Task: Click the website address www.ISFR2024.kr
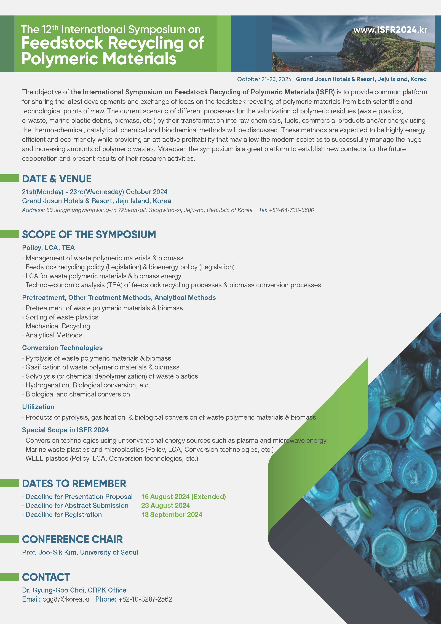tap(390, 30)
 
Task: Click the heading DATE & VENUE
tap(57, 179)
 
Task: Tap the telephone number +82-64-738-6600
tap(291, 210)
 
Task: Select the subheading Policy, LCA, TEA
tap(48, 248)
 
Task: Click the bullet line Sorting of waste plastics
tap(62, 317)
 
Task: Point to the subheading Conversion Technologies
tap(62, 348)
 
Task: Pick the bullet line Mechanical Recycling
tap(58, 326)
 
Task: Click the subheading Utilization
tap(38, 407)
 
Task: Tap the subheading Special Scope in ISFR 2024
tap(65, 430)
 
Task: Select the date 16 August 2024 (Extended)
tap(183, 497)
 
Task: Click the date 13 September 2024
tap(172, 515)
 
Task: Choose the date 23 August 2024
tap(165, 506)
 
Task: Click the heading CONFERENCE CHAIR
tap(72, 540)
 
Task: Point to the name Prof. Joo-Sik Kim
tap(49, 552)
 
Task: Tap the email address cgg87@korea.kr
tap(66, 599)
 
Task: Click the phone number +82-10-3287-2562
tap(145, 599)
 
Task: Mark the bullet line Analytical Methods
tap(54, 335)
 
